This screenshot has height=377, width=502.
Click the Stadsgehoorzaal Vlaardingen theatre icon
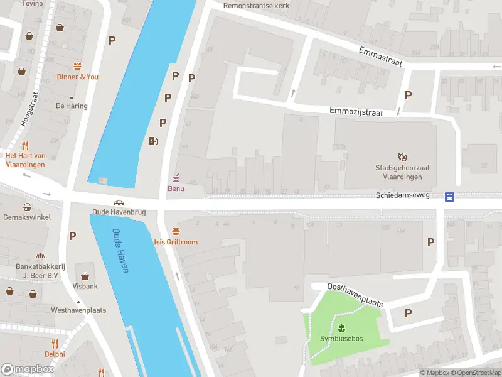tap(402, 156)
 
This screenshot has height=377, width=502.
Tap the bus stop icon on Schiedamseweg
tap(450, 197)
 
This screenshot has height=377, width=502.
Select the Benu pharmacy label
tap(176, 189)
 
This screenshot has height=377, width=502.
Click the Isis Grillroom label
tap(176, 242)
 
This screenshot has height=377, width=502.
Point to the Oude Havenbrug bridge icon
tap(119, 204)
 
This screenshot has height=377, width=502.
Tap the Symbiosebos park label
tap(342, 339)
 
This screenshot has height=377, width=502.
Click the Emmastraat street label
tap(380, 55)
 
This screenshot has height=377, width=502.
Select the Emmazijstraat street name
tap(356, 111)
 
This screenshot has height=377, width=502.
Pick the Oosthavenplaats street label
tap(355, 294)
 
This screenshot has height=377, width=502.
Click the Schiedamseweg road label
tap(402, 195)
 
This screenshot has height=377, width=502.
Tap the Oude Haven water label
tap(120, 250)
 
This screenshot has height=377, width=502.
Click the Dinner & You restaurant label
tap(78, 77)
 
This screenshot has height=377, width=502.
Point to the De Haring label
tap(70, 106)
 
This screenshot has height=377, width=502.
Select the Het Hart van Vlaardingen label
tap(25, 160)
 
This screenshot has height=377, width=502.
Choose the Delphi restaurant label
tap(55, 353)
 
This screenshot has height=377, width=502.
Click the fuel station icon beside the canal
tap(153, 141)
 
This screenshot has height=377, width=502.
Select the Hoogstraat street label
tap(29, 109)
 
